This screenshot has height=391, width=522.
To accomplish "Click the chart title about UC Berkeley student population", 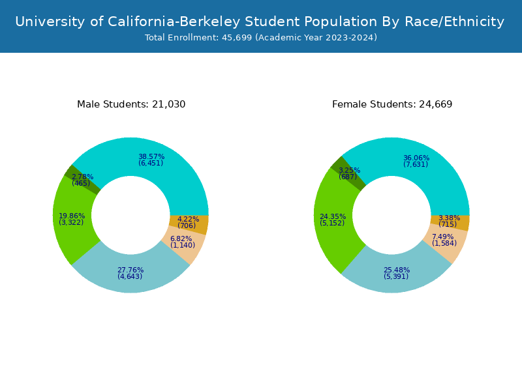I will [260, 22].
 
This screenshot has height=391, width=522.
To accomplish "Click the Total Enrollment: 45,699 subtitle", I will [261, 38].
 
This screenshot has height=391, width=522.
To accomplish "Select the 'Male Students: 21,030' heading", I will [131, 104].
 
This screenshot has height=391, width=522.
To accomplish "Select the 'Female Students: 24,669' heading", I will [392, 104].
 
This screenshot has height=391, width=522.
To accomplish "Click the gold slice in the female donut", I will [462, 223].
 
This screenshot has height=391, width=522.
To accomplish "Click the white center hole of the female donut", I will [391, 215].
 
